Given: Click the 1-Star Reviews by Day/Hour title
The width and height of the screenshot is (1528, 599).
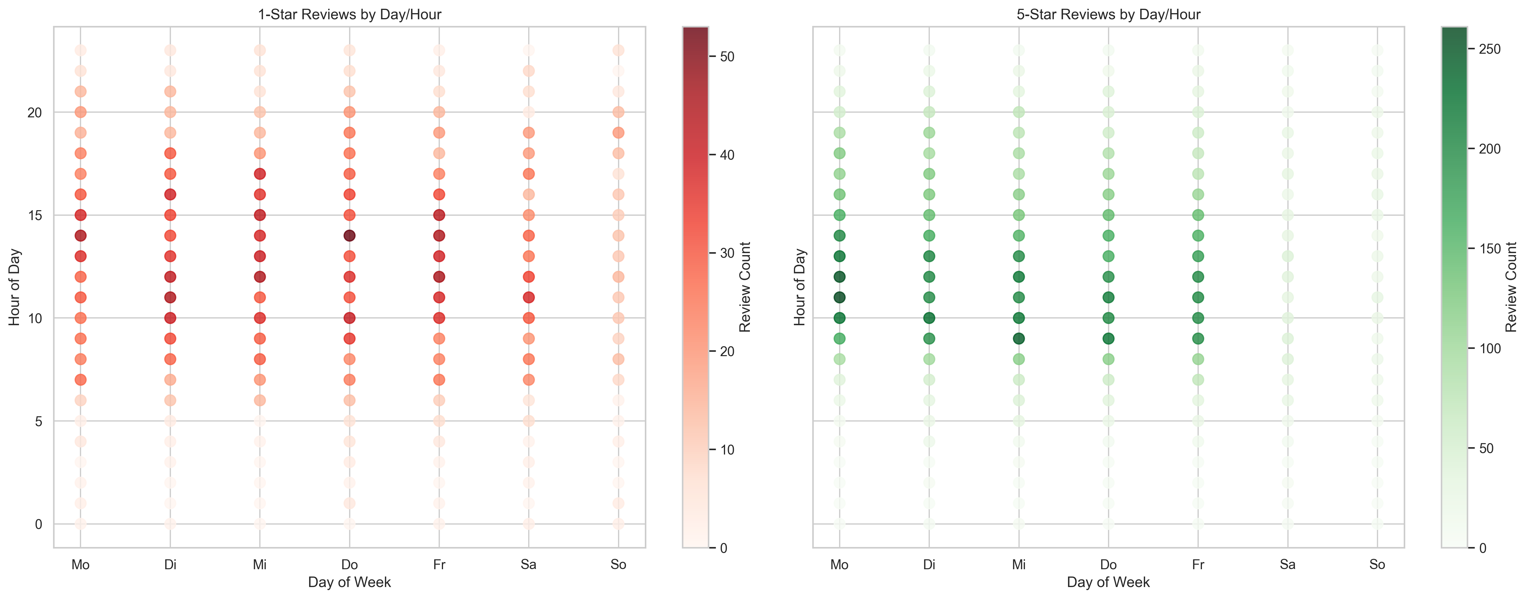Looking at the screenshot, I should pyautogui.click(x=349, y=14).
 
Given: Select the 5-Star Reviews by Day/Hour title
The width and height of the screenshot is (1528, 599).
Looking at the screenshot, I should pyautogui.click(x=1108, y=14).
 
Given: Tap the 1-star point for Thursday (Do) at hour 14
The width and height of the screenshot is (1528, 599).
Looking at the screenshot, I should pyautogui.click(x=349, y=236).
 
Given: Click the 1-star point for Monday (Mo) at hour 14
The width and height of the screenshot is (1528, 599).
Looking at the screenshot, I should pyautogui.click(x=81, y=236).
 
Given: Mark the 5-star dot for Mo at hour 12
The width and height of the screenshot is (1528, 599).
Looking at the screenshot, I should pyautogui.click(x=839, y=277).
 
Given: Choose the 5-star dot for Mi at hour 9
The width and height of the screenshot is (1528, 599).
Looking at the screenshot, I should pyautogui.click(x=1018, y=338).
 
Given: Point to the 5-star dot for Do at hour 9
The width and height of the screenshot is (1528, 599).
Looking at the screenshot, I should pyautogui.click(x=1108, y=338).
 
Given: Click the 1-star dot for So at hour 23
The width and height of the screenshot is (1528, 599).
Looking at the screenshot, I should pyautogui.click(x=618, y=51).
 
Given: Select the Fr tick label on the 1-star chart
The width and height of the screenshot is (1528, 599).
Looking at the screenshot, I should pyautogui.click(x=439, y=565).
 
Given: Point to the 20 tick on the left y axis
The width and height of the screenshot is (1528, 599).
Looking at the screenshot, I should pyautogui.click(x=34, y=112).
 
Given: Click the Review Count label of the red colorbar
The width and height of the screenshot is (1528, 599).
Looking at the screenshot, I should pyautogui.click(x=745, y=287).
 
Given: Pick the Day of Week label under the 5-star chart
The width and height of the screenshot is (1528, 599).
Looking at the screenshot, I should pyautogui.click(x=1108, y=582).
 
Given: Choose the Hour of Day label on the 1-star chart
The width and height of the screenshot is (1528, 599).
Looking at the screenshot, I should pyautogui.click(x=14, y=287).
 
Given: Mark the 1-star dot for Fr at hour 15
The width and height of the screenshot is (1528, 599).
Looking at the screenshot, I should pyautogui.click(x=439, y=215).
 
